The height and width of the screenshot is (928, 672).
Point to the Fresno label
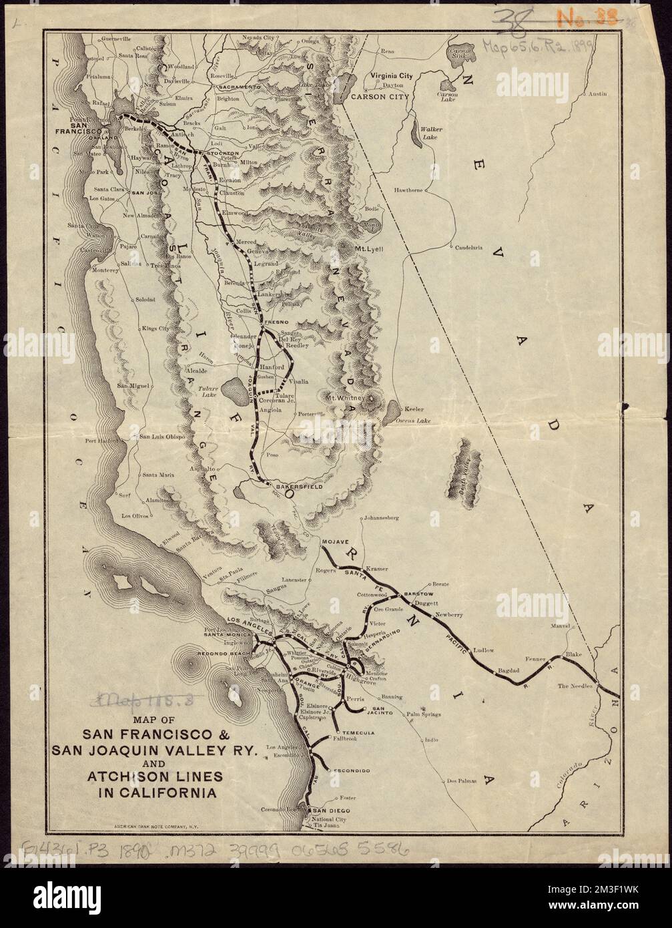[x=276, y=322]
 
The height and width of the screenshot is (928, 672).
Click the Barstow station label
[x=418, y=594]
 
